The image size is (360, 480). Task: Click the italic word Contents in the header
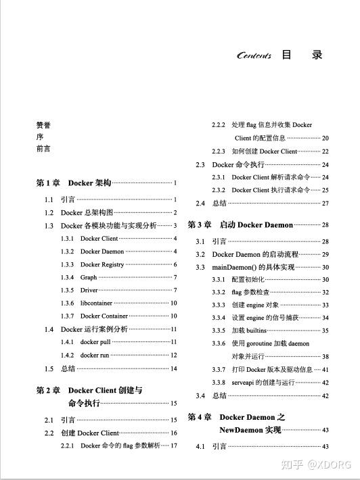point(254,56)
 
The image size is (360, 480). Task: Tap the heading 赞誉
point(43,125)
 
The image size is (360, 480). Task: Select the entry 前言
point(43,149)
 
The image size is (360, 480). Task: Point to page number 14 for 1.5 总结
point(173,369)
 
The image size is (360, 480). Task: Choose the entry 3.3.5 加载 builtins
point(248,331)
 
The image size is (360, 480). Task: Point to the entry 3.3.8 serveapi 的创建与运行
point(263,382)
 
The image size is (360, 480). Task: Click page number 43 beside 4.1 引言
point(325,447)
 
